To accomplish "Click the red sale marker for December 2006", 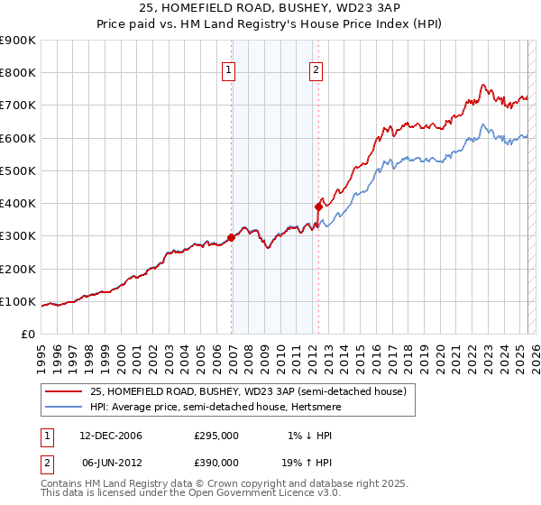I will pos(232,238).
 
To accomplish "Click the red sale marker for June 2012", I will pos(318,207).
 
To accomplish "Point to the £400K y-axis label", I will pos(20,204).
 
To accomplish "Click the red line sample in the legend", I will pos(63,391).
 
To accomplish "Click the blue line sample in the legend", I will pos(63,407).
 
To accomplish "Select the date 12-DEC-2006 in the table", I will pos(111,436).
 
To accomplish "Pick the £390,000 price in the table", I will pos(216,461).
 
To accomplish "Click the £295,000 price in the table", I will pos(216,436).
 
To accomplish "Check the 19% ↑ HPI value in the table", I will pos(307,461).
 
